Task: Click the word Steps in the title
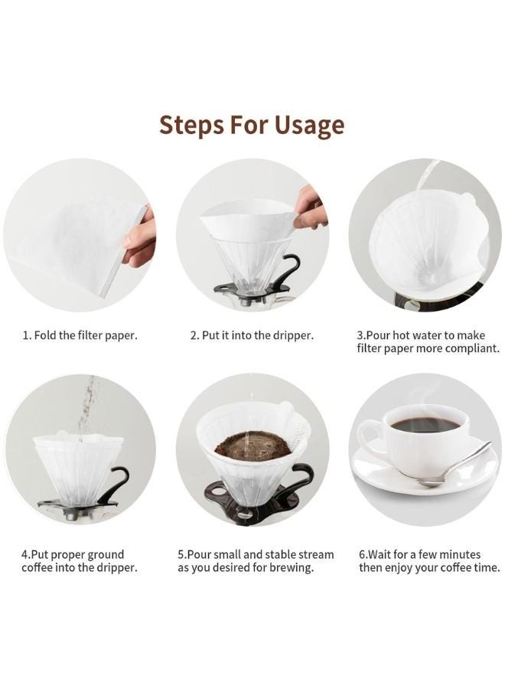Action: click(x=192, y=124)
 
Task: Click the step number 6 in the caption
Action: click(x=362, y=554)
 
